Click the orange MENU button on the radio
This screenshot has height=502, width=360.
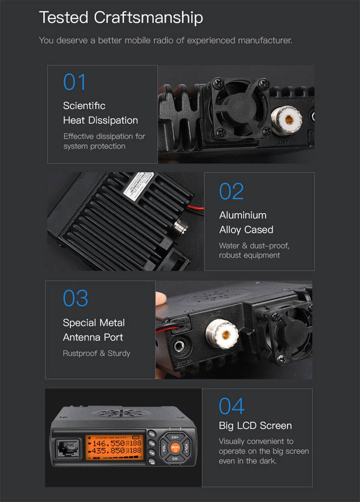[x=175, y=447]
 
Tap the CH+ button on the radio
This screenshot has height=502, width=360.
[x=175, y=437]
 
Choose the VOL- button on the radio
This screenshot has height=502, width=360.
[x=163, y=447]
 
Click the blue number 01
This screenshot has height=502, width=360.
[x=74, y=82]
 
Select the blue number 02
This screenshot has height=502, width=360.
[x=231, y=191]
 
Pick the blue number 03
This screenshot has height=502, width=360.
[x=75, y=298]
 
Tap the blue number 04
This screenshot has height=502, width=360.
[x=232, y=406]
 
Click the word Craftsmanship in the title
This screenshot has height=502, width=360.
[x=148, y=18]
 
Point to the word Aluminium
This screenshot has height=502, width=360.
[x=243, y=215]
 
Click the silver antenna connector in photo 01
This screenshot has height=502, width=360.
[x=287, y=120]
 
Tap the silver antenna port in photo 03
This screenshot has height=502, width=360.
[x=222, y=334]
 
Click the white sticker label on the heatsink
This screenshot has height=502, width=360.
[x=139, y=186]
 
